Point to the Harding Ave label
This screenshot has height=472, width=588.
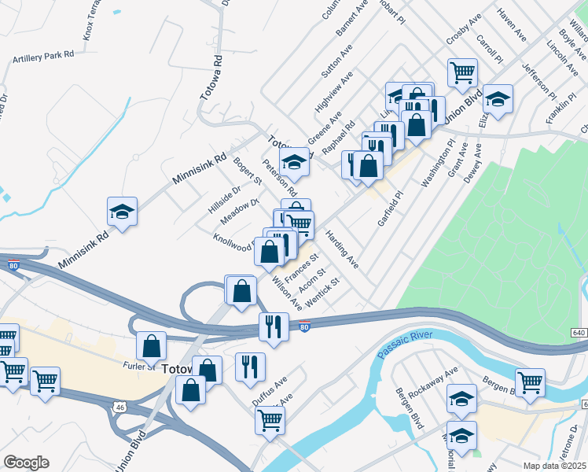tap(342, 250)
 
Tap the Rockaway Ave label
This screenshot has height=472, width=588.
tap(439, 382)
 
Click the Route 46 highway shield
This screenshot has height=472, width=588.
tap(119, 407)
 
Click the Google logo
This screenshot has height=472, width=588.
tap(26, 462)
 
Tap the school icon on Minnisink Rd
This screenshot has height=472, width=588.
tap(123, 212)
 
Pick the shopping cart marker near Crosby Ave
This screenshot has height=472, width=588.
tap(462, 73)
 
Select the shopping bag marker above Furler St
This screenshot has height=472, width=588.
tap(151, 345)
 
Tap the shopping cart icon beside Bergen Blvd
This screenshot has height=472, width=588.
tap(531, 382)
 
